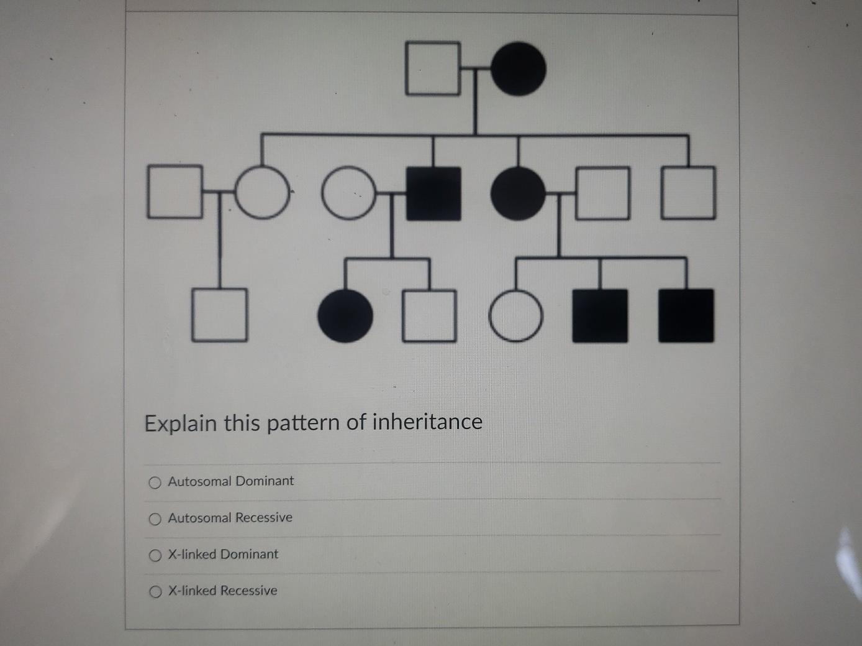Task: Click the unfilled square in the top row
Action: (433, 68)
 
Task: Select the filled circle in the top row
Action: (519, 68)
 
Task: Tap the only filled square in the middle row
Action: (433, 193)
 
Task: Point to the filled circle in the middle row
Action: (518, 193)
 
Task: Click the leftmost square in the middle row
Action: (175, 192)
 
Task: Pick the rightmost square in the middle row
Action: (688, 193)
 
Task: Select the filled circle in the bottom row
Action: (345, 316)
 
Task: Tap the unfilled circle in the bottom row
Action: (515, 316)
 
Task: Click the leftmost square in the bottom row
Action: (219, 315)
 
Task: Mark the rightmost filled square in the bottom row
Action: (686, 316)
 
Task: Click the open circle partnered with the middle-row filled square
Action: (349, 193)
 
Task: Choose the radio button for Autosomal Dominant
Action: (155, 482)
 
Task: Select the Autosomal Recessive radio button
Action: (155, 519)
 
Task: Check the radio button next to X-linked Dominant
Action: (155, 555)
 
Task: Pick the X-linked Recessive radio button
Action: (155, 592)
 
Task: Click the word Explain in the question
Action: (181, 423)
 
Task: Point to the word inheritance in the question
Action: (427, 422)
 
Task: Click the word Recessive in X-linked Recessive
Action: (249, 591)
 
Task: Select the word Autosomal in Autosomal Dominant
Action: (199, 481)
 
